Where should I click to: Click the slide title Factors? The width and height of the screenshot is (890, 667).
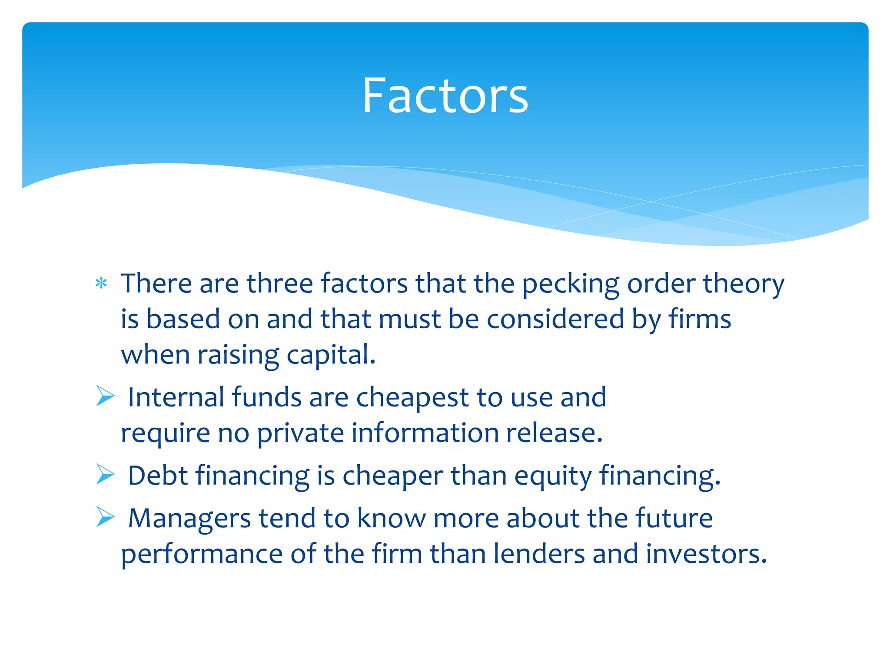(x=445, y=96)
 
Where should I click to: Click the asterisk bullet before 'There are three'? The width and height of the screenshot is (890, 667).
(x=101, y=284)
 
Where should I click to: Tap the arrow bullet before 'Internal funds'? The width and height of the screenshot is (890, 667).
(x=105, y=396)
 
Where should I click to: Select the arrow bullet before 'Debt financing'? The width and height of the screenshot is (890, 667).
(x=105, y=474)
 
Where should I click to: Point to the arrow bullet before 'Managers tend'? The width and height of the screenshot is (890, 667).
(x=105, y=517)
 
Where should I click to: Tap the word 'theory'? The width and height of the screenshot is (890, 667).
(x=744, y=284)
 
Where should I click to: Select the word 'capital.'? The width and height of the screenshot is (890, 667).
(x=331, y=355)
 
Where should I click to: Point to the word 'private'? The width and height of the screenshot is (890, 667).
(x=300, y=433)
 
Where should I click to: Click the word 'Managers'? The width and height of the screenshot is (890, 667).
(x=189, y=518)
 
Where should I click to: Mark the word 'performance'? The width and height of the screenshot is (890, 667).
(x=202, y=555)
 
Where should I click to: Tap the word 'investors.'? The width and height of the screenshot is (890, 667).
(x=706, y=554)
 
